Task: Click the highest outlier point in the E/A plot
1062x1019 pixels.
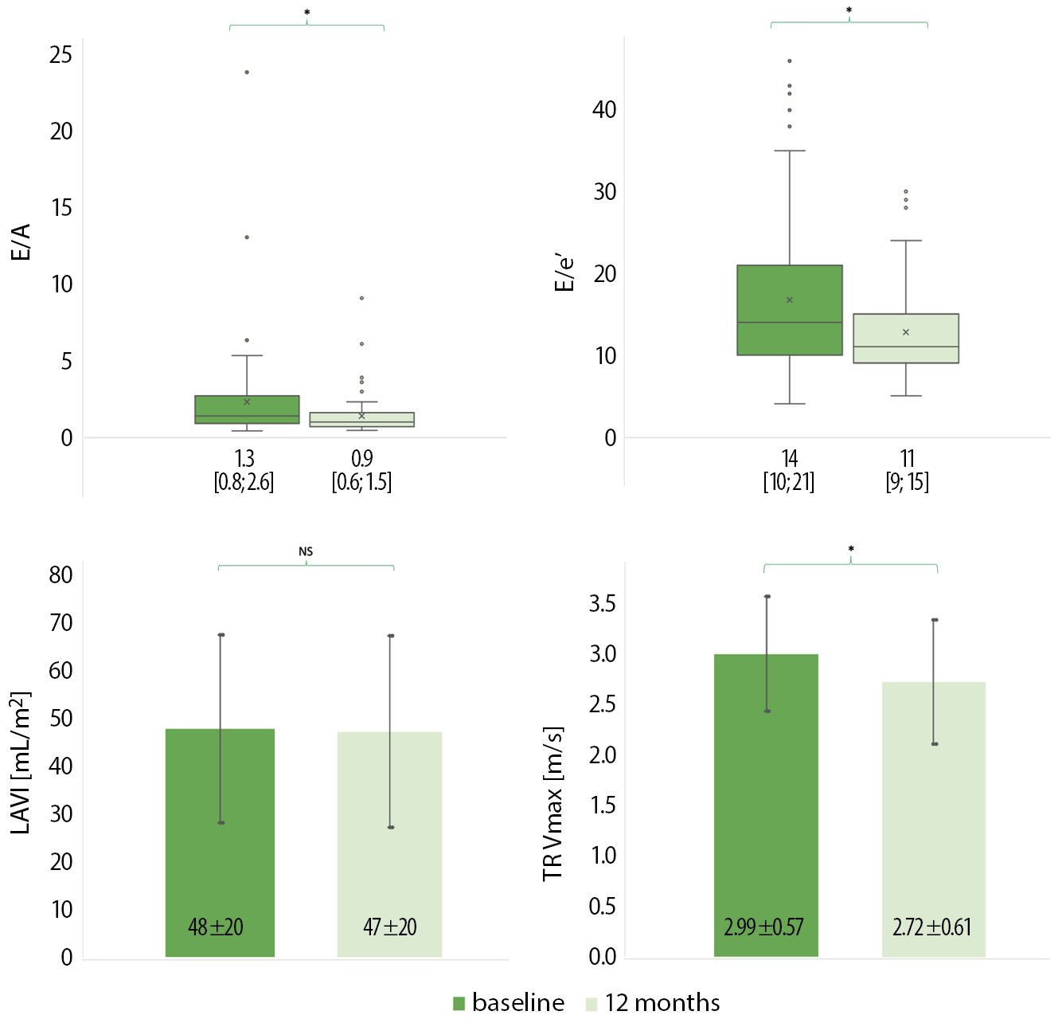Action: tap(247, 73)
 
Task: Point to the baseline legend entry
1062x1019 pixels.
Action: tap(509, 1002)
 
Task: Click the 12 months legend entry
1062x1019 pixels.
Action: tap(653, 1002)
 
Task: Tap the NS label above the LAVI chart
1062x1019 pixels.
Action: tap(306, 551)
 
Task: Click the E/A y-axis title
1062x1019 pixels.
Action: tap(21, 242)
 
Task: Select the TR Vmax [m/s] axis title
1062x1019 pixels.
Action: tap(552, 804)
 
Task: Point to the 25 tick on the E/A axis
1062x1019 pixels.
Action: tap(61, 55)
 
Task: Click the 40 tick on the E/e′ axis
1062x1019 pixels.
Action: tap(604, 110)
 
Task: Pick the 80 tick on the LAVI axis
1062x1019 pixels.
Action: tap(61, 575)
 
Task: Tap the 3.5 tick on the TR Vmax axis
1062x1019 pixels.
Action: tap(602, 604)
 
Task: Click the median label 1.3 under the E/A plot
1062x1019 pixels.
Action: tap(244, 458)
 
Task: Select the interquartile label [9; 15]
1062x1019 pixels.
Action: tap(908, 482)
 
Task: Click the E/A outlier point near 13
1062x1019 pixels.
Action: tap(247, 237)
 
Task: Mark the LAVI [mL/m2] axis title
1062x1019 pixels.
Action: tap(21, 762)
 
